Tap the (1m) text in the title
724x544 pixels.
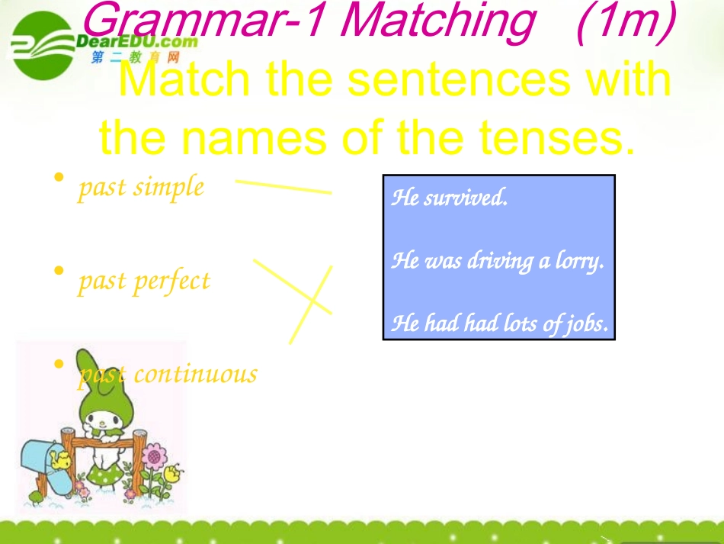coord(626,23)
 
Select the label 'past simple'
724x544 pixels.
coord(141,187)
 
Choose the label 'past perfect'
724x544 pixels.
coord(143,281)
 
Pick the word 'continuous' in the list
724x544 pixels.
coord(195,374)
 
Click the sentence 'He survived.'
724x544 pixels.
coord(449,198)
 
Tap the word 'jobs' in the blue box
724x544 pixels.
coord(586,324)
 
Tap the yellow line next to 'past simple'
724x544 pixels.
coord(283,187)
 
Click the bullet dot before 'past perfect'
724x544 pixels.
coord(59,271)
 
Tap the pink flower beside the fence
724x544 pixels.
coord(155,457)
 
